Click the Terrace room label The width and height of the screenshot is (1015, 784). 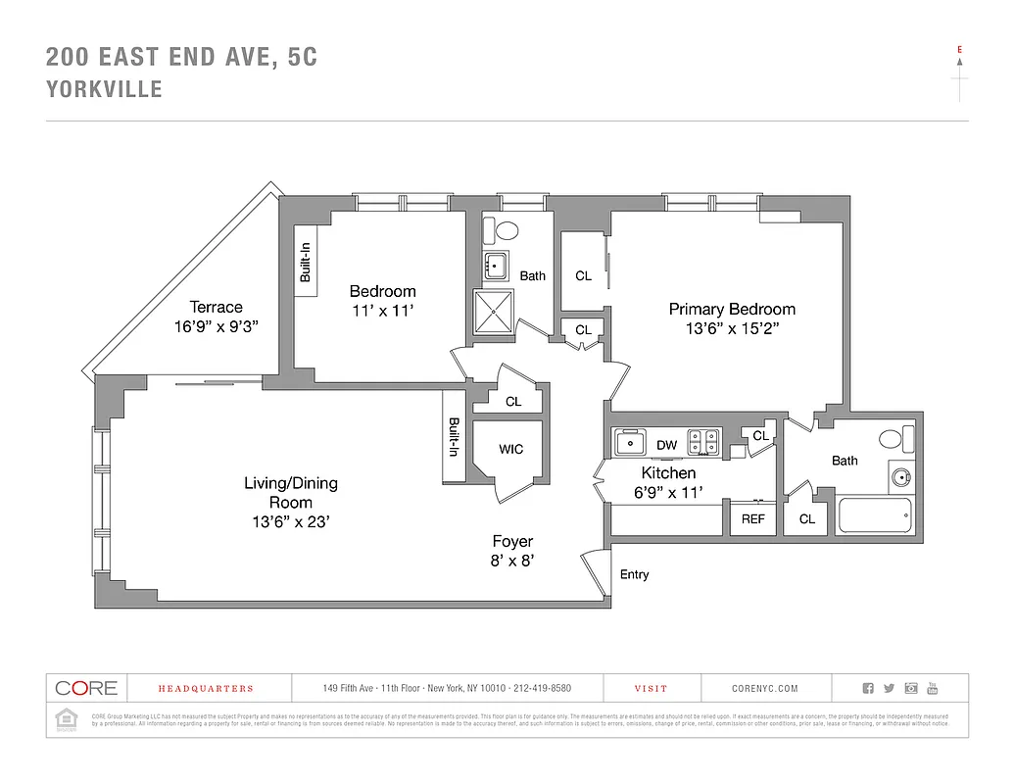coord(217,307)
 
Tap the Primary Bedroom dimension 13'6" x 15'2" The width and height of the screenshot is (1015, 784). coord(732,329)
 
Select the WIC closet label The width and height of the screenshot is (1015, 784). coord(510,450)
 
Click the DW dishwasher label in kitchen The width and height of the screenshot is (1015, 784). coord(666,445)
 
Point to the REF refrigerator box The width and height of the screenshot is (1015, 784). coord(752,518)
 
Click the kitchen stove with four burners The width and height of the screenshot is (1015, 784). coord(702,442)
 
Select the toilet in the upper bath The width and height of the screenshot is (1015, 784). coord(507,231)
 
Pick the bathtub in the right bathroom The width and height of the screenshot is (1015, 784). coord(875,514)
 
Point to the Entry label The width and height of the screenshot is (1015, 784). coord(634,574)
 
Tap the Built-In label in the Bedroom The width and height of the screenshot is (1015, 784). coord(306,262)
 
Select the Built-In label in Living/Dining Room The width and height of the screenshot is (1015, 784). coord(454,437)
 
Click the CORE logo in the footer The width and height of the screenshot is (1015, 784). coord(85,688)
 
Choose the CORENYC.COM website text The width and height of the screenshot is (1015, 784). coord(765,689)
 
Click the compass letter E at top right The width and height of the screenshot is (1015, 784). coord(959,48)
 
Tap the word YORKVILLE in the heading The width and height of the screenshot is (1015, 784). coord(104,90)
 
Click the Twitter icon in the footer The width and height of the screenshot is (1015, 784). coord(890,688)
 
